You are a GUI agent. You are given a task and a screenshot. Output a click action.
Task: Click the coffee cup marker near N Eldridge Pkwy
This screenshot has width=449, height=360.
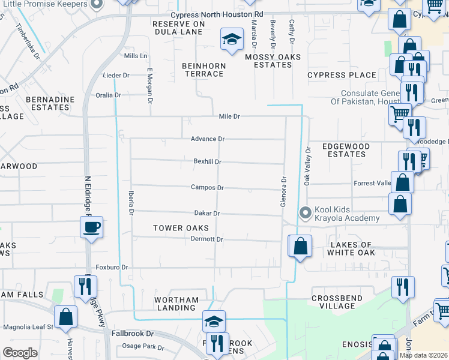(x=91, y=227)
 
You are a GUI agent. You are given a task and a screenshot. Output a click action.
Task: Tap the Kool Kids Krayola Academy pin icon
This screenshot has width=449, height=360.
(x=306, y=213)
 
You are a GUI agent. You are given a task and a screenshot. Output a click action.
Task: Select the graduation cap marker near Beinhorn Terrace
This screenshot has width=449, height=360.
(x=232, y=39)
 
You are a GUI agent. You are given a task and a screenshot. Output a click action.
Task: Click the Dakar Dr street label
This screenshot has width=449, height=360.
(x=207, y=213)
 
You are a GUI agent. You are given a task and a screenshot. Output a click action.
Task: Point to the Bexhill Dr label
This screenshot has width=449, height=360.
(x=208, y=161)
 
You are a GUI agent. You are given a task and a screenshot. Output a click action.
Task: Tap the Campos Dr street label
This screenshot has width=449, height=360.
(x=207, y=188)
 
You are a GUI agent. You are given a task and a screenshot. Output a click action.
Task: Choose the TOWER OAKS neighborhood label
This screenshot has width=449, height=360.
(x=181, y=228)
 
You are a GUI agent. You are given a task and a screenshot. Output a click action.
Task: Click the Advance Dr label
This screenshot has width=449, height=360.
(x=208, y=139)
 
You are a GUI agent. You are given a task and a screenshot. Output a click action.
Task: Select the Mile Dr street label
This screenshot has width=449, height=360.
(x=229, y=116)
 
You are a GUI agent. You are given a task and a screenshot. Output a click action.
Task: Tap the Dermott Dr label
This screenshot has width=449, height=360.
(x=207, y=239)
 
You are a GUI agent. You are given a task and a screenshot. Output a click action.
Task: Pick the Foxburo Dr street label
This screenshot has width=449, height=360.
(x=112, y=267)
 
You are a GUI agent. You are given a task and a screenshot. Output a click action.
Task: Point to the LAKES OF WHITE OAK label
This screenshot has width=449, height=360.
(x=352, y=248)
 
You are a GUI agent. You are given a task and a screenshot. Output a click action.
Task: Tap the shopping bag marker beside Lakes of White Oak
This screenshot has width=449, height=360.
(x=301, y=245)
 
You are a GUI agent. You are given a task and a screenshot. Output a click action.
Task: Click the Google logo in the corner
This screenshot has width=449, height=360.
(x=20, y=353)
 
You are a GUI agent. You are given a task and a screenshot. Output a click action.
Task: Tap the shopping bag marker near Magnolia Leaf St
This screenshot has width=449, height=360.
(x=65, y=316)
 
